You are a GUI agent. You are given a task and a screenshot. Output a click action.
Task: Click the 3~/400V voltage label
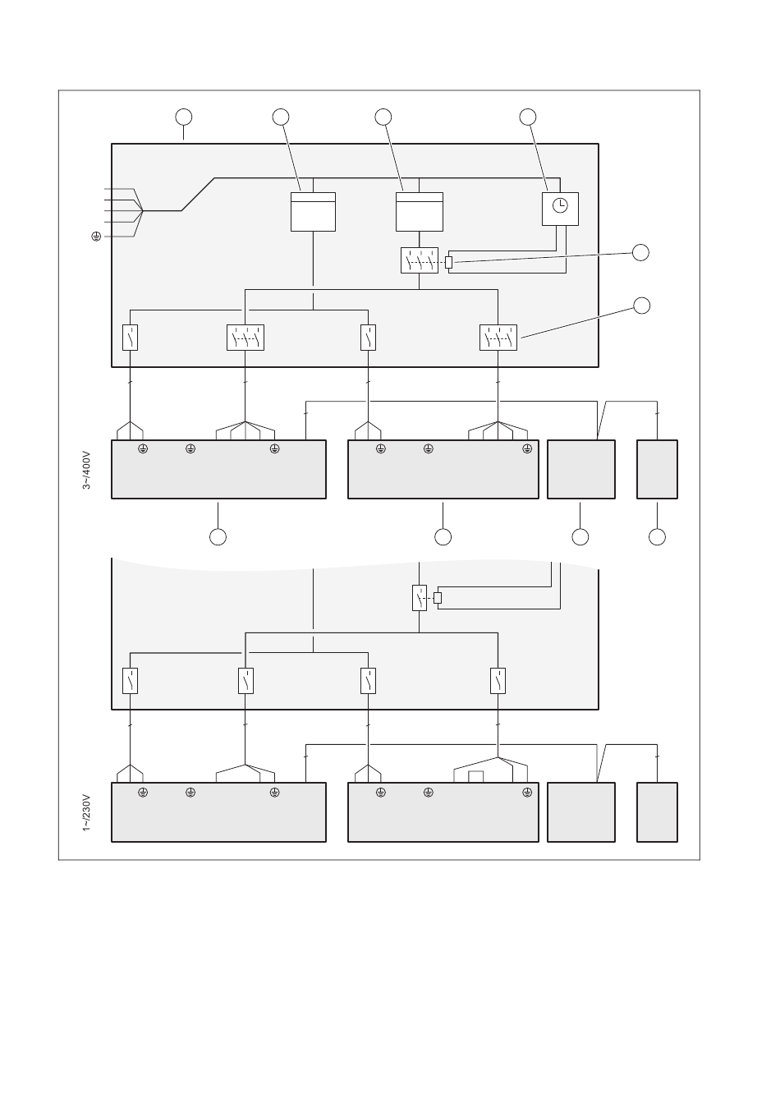tap(86, 470)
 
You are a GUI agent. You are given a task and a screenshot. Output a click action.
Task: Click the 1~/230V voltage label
tap(86, 812)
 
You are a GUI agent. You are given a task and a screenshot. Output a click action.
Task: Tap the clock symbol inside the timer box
tap(560, 205)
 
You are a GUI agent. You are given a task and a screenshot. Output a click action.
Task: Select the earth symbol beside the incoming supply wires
tap(96, 237)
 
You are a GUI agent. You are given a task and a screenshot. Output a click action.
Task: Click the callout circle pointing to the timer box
tap(528, 117)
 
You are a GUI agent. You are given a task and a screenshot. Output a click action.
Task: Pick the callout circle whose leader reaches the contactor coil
tap(640, 252)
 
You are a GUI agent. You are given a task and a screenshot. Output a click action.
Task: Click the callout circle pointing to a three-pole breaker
tap(641, 306)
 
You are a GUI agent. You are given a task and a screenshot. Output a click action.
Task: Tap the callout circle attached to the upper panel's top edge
tap(183, 117)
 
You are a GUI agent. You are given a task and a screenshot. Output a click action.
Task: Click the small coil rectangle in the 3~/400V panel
tap(448, 262)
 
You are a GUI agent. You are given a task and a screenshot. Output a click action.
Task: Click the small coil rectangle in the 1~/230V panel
tap(438, 597)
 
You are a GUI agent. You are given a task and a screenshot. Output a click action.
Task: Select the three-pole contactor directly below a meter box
tap(420, 260)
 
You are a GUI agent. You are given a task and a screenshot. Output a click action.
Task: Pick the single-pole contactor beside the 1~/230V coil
tap(420, 597)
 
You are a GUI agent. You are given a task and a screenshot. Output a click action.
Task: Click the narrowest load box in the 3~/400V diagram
tap(657, 470)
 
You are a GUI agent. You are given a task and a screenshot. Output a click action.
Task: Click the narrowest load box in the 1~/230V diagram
tap(657, 812)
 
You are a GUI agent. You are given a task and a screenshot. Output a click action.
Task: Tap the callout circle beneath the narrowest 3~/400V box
tap(657, 536)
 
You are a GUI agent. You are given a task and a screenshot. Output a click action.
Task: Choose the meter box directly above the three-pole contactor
tap(420, 212)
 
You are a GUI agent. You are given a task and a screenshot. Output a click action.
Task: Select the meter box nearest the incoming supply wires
tap(313, 212)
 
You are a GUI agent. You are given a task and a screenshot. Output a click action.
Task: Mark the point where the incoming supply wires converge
tap(143, 211)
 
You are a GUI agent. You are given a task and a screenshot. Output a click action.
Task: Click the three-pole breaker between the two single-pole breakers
tap(245, 338)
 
